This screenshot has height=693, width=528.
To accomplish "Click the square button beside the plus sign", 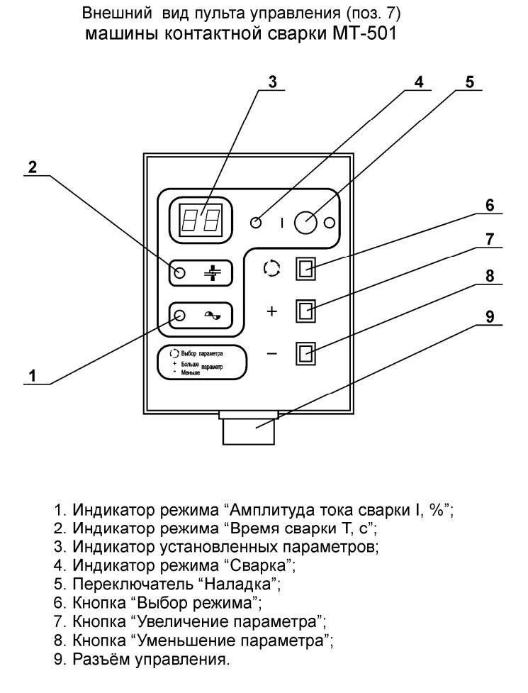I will pos(305,311).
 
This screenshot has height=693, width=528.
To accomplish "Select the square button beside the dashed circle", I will pos(305,269).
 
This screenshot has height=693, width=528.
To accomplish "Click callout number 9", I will pos(490,316).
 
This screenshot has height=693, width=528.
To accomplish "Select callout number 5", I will pos(468,81).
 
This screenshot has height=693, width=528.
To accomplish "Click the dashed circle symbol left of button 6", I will pos(270,269).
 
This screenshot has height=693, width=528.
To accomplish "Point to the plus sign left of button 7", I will pos(271,311).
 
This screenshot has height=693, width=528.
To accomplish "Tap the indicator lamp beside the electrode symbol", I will pos(179,274).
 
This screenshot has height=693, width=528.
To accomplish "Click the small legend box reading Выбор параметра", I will pos(202,363).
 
